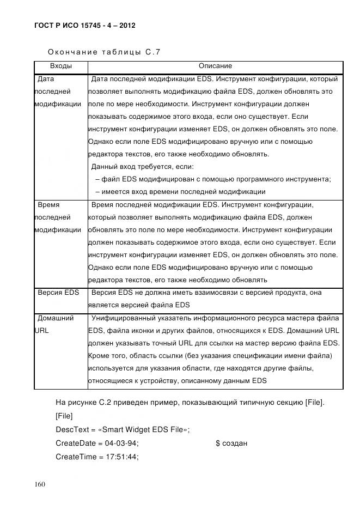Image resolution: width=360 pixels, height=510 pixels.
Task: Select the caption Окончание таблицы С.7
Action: coord(103,52)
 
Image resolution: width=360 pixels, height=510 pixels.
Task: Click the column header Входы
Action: coord(60,66)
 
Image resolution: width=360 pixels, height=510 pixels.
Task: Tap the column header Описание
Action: coord(215,66)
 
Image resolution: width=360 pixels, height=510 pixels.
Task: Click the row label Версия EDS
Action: coord(58,293)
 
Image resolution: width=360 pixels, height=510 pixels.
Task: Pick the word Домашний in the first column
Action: coord(55,318)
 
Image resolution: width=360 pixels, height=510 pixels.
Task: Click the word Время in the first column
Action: coord(48,205)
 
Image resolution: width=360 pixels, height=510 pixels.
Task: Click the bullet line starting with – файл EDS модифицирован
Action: coord(212,179)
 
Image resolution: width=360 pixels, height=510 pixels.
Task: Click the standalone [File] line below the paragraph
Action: coord(64,416)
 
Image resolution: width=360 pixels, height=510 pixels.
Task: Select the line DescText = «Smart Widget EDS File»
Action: coord(123,430)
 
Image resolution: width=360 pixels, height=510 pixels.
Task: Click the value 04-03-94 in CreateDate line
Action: coord(121,444)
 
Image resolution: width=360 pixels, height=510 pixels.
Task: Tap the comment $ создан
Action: coord(231,444)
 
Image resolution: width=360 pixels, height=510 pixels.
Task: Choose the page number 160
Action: coord(41,485)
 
